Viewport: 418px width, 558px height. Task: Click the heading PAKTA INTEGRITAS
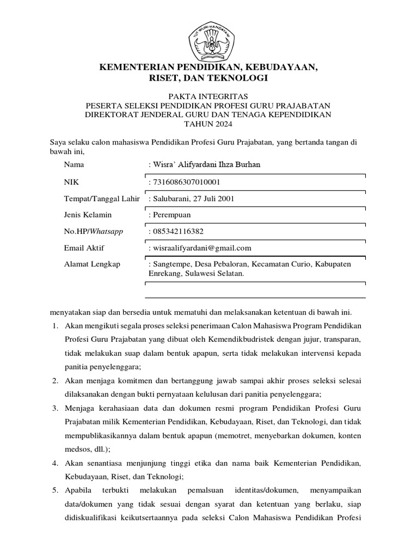click(x=209, y=96)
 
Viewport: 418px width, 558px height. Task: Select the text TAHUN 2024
click(x=209, y=124)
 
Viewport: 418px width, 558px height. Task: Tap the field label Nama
click(x=73, y=165)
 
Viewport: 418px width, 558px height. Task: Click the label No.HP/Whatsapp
click(x=93, y=231)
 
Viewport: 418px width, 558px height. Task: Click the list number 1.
click(x=55, y=325)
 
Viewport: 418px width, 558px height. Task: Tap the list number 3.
click(x=55, y=408)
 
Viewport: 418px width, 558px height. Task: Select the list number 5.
click(x=55, y=490)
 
